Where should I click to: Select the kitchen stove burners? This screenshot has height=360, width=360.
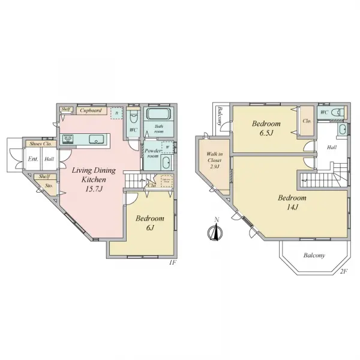click(x=68, y=139)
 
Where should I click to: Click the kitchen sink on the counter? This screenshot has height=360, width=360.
click(x=96, y=139)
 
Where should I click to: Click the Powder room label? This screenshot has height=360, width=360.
click(x=152, y=153)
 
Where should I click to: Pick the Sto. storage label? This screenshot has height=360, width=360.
click(x=49, y=185)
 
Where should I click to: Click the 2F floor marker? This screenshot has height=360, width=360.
click(x=343, y=271)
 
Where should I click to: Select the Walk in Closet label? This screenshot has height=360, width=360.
click(x=214, y=161)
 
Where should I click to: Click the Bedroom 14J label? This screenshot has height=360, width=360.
click(x=292, y=202)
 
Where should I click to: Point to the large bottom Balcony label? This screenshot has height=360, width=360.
click(x=313, y=255)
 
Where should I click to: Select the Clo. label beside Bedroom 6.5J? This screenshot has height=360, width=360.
click(x=307, y=121)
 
